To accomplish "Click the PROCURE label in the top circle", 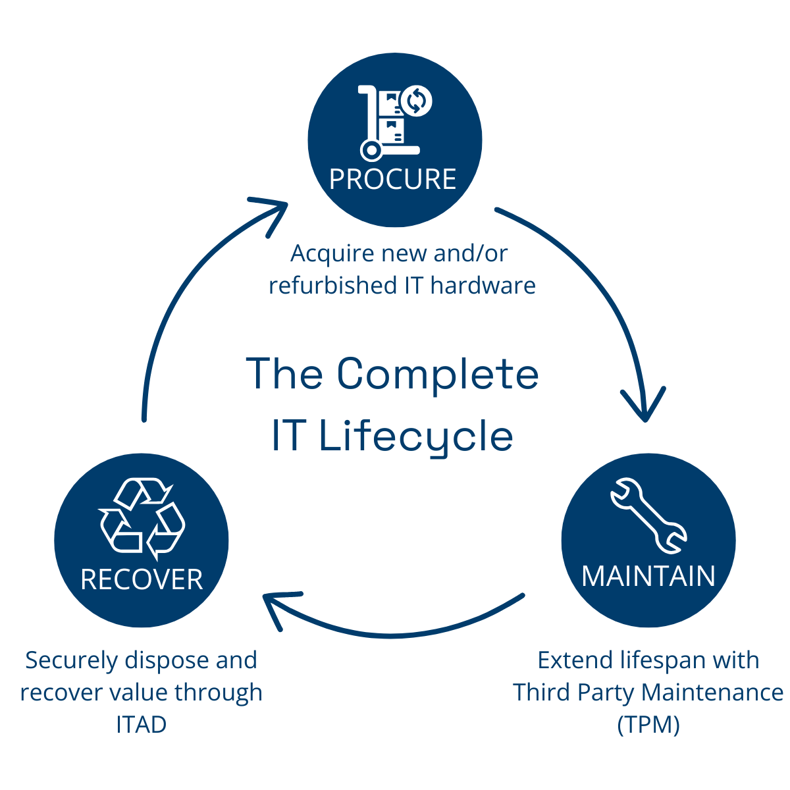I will tap(393, 179).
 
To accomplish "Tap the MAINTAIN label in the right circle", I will tap(648, 576).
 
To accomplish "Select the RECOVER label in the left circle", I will tap(142, 579).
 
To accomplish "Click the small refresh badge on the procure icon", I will tap(417, 101).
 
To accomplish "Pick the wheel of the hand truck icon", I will tap(372, 151).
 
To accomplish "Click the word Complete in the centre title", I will tap(438, 373).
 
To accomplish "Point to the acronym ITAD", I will tap(142, 724).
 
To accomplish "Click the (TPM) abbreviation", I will tap(648, 724).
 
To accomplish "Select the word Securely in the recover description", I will tap(71, 660).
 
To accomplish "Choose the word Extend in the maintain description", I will tap(575, 660).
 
